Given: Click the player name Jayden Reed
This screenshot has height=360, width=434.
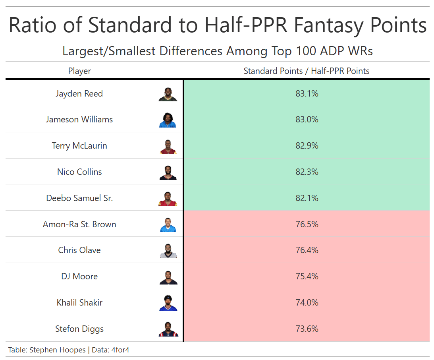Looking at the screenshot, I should point(79,94).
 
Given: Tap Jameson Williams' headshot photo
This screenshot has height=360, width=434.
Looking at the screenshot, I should point(168,120).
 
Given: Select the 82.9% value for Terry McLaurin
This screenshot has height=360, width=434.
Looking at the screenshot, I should point(307,146).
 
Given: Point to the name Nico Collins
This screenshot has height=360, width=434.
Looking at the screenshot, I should point(79,172).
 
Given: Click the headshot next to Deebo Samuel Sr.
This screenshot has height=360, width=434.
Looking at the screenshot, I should point(168,198).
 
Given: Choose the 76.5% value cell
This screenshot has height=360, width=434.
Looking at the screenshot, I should point(307,224).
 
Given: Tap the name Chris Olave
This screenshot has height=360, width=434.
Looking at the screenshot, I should point(79,250).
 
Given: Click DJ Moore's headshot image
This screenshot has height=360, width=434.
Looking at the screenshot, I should point(168,277).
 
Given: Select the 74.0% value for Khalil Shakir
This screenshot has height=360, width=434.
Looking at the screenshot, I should point(307,303).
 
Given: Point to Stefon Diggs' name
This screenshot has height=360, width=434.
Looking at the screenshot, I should point(79,329).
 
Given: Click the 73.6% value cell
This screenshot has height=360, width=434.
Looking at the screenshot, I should point(307,329).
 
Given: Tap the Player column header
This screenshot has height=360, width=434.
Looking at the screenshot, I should point(79,71).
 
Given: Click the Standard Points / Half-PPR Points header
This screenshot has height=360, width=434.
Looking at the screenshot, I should point(307,71).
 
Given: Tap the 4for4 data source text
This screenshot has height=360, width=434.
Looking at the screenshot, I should point(121,350).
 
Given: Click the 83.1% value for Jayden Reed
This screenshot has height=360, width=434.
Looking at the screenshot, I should point(307,94).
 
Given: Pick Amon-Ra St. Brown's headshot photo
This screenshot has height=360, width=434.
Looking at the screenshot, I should point(168,225).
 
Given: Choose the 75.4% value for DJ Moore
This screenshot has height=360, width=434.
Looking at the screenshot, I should point(307,277).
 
